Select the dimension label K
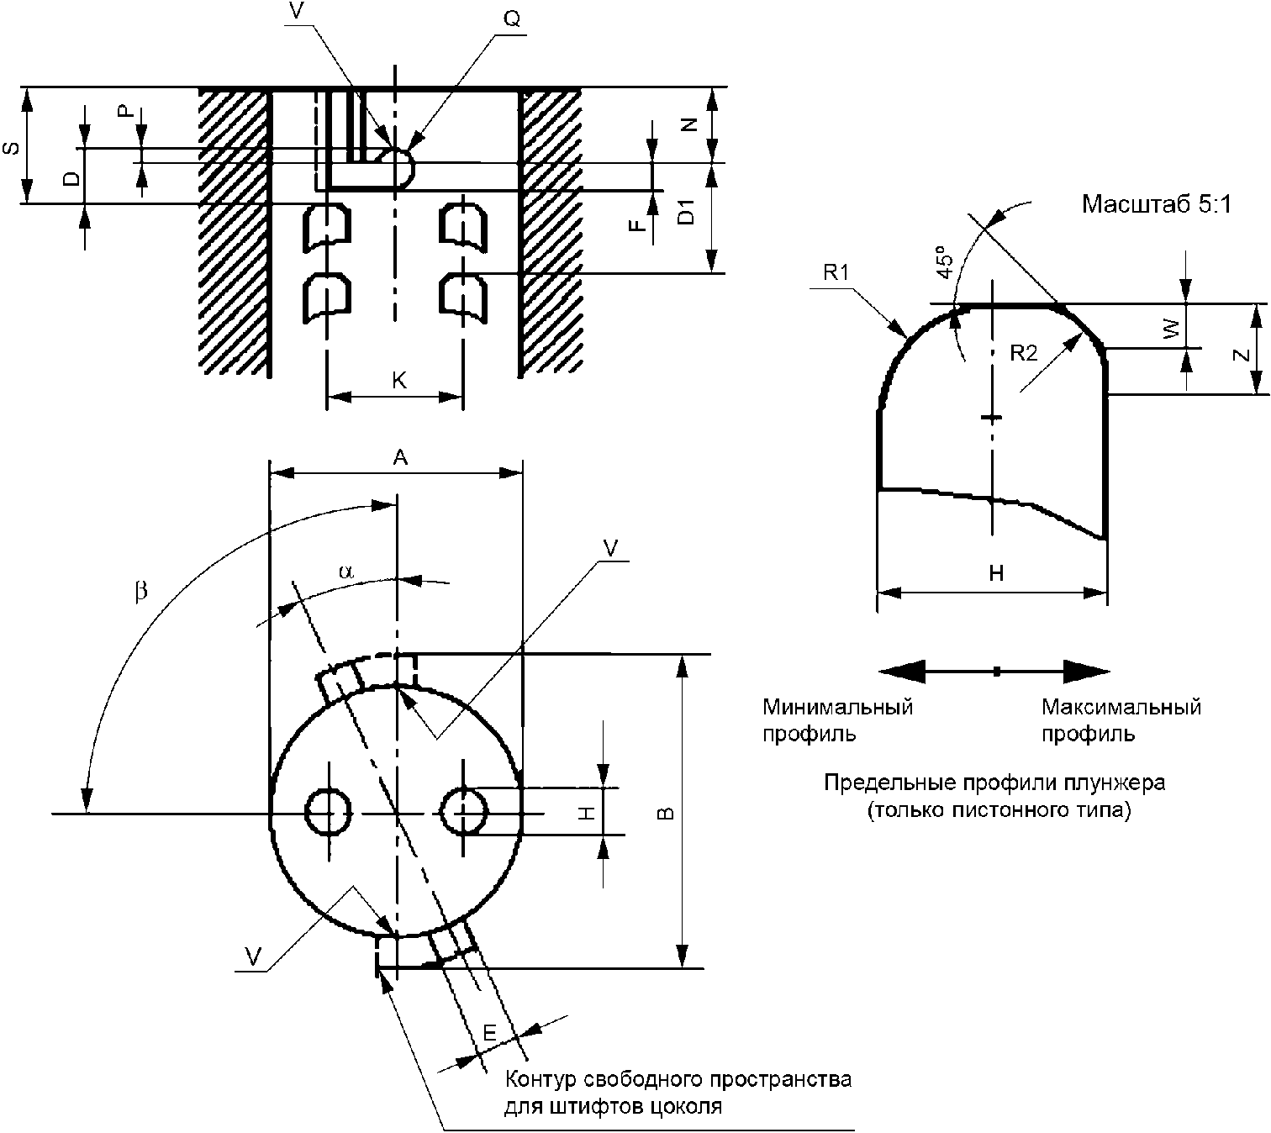pos(399,380)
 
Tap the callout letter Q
pos(512,19)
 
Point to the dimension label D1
pos(688,212)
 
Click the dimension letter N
pos(689,125)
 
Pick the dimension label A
pos(400,458)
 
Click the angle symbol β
pos(141,590)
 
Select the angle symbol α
pos(345,571)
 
